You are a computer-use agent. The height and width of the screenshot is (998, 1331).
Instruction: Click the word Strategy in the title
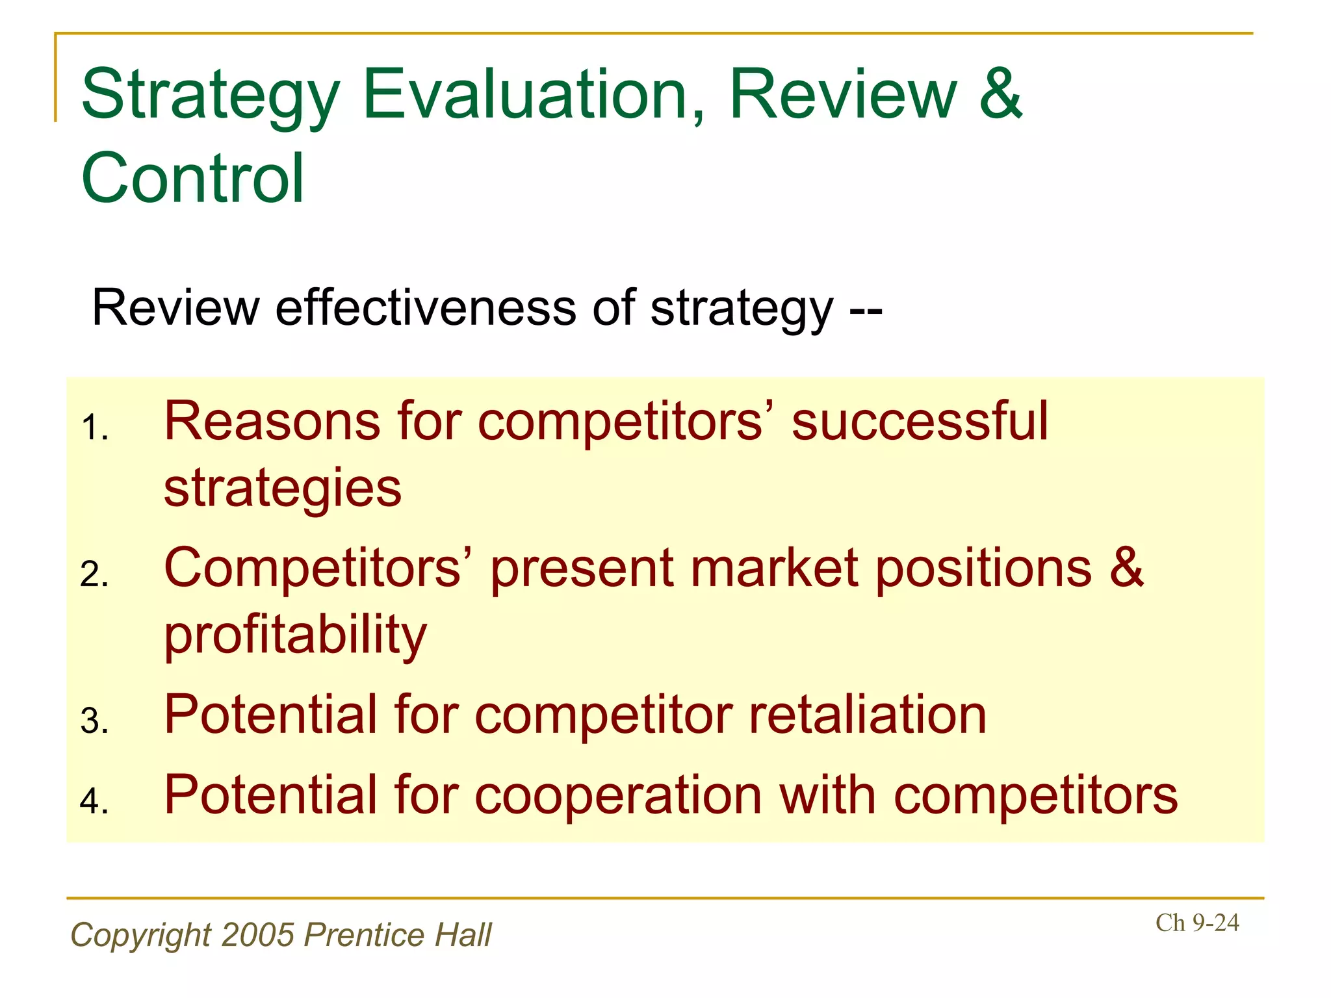click(210, 96)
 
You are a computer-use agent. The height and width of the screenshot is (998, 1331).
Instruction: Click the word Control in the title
click(193, 178)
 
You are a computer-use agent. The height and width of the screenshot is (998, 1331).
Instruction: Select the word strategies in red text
click(283, 489)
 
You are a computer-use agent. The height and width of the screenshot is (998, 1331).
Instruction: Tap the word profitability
click(296, 635)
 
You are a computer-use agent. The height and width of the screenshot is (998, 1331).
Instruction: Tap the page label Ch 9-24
click(1197, 923)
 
